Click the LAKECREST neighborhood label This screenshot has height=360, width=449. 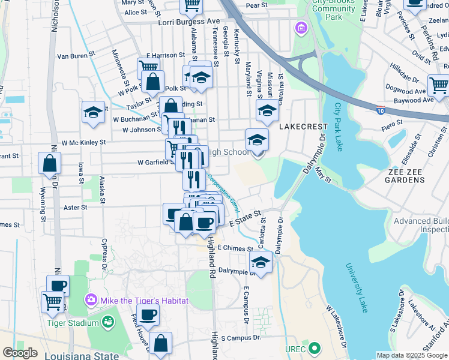(x=303, y=127)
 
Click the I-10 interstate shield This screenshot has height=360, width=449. (x=381, y=110)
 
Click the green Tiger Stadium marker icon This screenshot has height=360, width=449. (x=108, y=323)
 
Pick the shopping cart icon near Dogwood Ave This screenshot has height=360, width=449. (x=438, y=85)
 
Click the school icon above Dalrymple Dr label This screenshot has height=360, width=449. (x=261, y=262)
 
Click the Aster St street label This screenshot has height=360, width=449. (x=76, y=207)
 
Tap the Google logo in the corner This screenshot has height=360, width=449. (x=20, y=353)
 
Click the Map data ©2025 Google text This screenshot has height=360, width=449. (x=411, y=355)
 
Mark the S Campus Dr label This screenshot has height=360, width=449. (x=241, y=338)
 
